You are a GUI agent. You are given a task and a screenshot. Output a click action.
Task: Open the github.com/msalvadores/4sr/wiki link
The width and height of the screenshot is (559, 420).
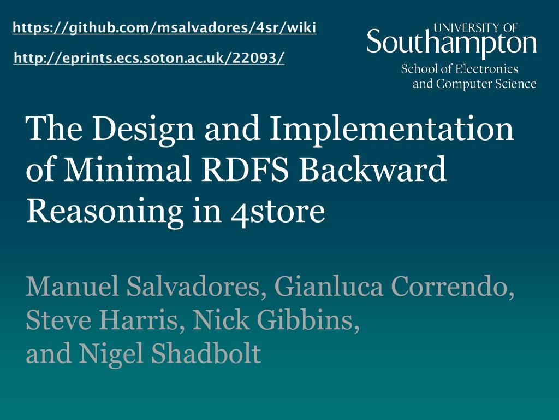pos(164,27)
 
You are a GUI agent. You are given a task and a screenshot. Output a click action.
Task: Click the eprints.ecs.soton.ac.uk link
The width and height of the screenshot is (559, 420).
pos(149,57)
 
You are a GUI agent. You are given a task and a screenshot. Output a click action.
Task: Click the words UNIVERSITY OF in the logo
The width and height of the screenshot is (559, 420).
pos(475,27)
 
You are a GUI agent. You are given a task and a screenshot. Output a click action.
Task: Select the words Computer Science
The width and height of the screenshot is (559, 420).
pos(486,84)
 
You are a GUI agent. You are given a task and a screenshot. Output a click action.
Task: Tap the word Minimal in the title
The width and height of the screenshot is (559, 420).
pos(128,169)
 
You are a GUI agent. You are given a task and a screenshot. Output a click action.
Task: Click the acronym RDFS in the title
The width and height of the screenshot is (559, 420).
pos(245,169)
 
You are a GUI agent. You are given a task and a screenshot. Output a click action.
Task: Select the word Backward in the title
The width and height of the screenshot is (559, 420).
pos(372,169)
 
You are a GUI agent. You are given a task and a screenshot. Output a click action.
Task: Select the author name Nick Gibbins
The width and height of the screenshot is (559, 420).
pos(276,320)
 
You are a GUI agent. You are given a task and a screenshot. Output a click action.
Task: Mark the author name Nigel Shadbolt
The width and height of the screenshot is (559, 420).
pos(170,353)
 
